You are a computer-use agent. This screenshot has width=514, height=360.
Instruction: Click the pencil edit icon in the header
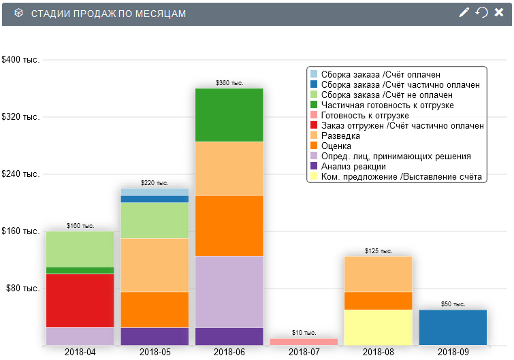point(464,13)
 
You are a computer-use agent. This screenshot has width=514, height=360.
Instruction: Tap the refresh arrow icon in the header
point(481,13)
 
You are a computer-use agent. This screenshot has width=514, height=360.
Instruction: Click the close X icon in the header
point(498,13)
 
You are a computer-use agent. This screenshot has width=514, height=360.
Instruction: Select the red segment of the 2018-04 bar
point(80,300)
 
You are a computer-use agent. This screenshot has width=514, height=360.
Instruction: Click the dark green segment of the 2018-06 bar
point(229,115)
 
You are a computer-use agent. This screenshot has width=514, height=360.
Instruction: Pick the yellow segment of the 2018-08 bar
point(379,327)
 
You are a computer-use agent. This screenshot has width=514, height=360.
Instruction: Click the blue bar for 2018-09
point(453,327)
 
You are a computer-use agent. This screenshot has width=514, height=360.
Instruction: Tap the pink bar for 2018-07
point(304,342)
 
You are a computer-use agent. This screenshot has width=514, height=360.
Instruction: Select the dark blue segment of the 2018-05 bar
point(155,199)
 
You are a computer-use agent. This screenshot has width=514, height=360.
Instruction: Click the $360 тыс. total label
point(229,83)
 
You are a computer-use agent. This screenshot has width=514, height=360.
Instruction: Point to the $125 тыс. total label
point(379,251)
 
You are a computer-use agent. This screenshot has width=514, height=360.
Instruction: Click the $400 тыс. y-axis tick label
point(21,60)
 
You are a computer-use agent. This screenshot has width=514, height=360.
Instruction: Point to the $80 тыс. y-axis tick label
point(23,289)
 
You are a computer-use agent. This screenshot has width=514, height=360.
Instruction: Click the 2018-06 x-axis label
point(229,353)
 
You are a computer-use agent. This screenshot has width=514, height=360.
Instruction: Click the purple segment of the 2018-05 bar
point(155,336)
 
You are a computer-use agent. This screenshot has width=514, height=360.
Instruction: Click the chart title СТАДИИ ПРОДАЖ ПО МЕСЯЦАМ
point(109,14)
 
